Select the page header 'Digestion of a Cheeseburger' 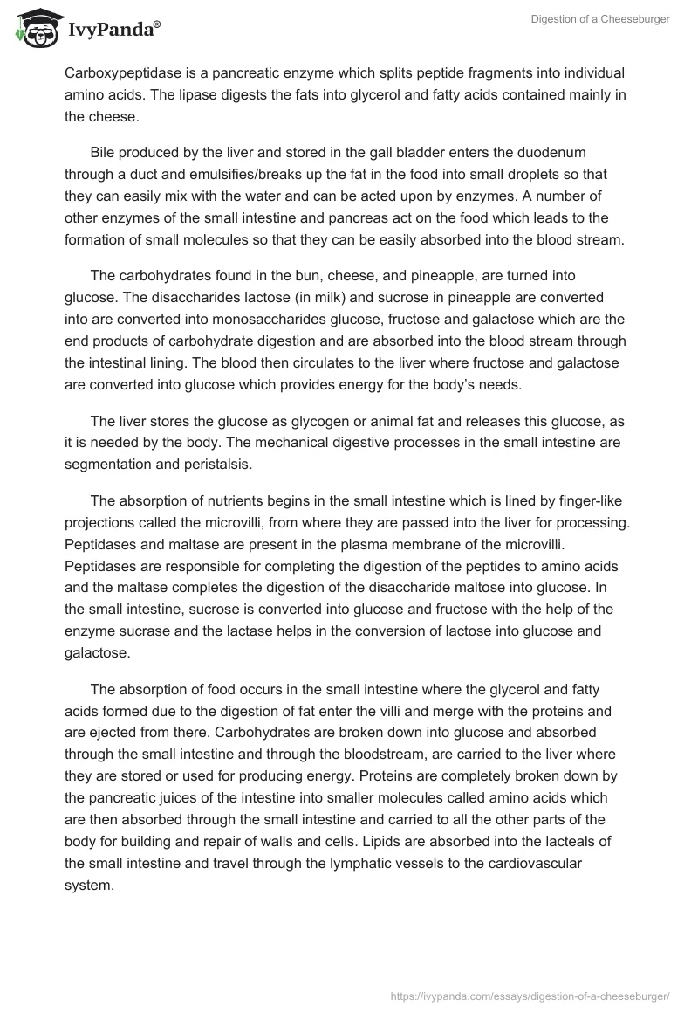point(599,19)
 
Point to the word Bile point(104,153)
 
